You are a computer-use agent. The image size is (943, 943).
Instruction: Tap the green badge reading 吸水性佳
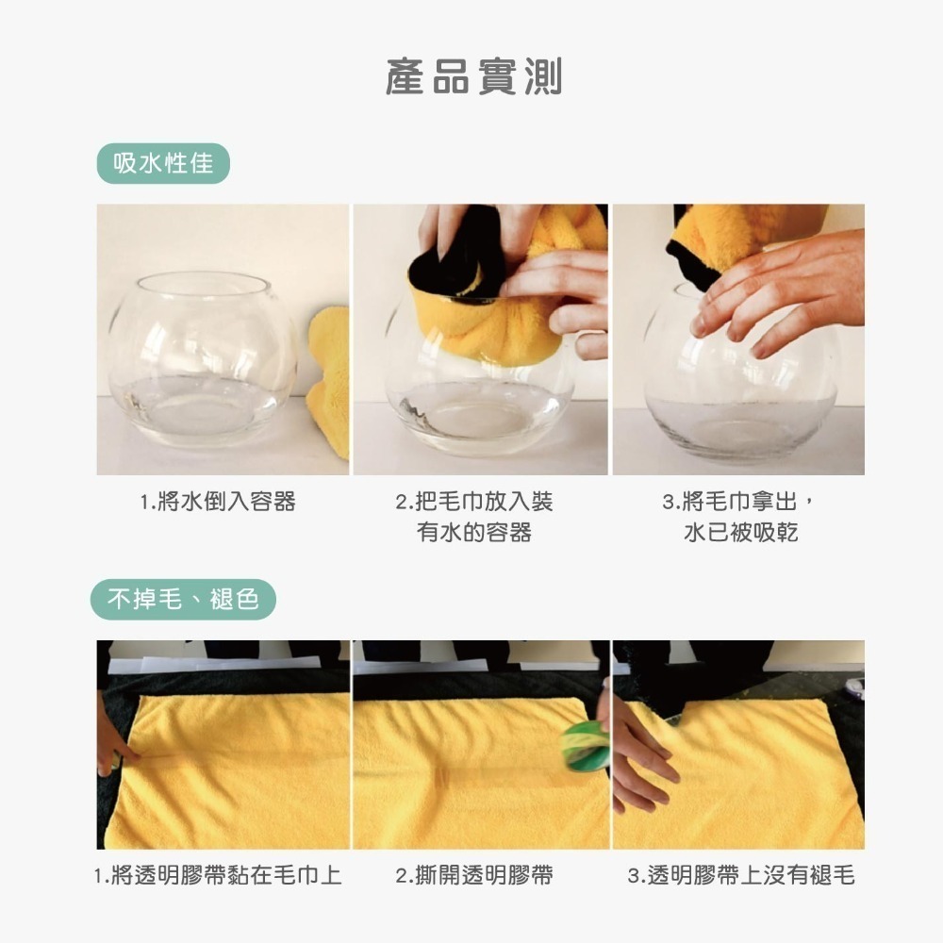point(163,164)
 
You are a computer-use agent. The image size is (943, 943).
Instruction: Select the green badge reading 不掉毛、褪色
point(184,599)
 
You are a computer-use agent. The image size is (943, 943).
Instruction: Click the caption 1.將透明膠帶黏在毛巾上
point(218,876)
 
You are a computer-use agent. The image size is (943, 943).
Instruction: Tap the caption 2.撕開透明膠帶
point(474,876)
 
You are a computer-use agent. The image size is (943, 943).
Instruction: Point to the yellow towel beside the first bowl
point(330,377)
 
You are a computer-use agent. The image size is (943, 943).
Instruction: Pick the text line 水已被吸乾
point(741,533)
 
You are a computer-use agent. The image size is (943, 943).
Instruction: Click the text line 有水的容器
point(474,533)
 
